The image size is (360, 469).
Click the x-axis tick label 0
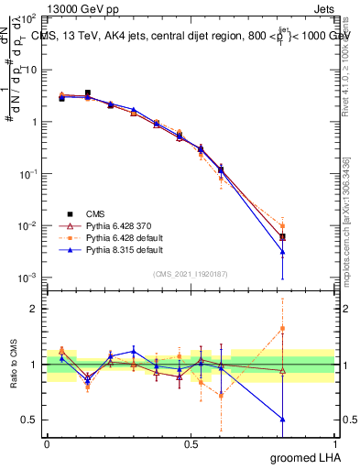(x=47, y=442)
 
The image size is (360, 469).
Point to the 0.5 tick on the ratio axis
(x=28, y=420)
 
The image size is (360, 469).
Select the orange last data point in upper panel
(x=283, y=225)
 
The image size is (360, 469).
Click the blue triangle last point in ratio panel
(x=283, y=420)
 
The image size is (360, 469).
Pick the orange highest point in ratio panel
(x=283, y=328)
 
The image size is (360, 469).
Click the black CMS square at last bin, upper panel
(x=283, y=237)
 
